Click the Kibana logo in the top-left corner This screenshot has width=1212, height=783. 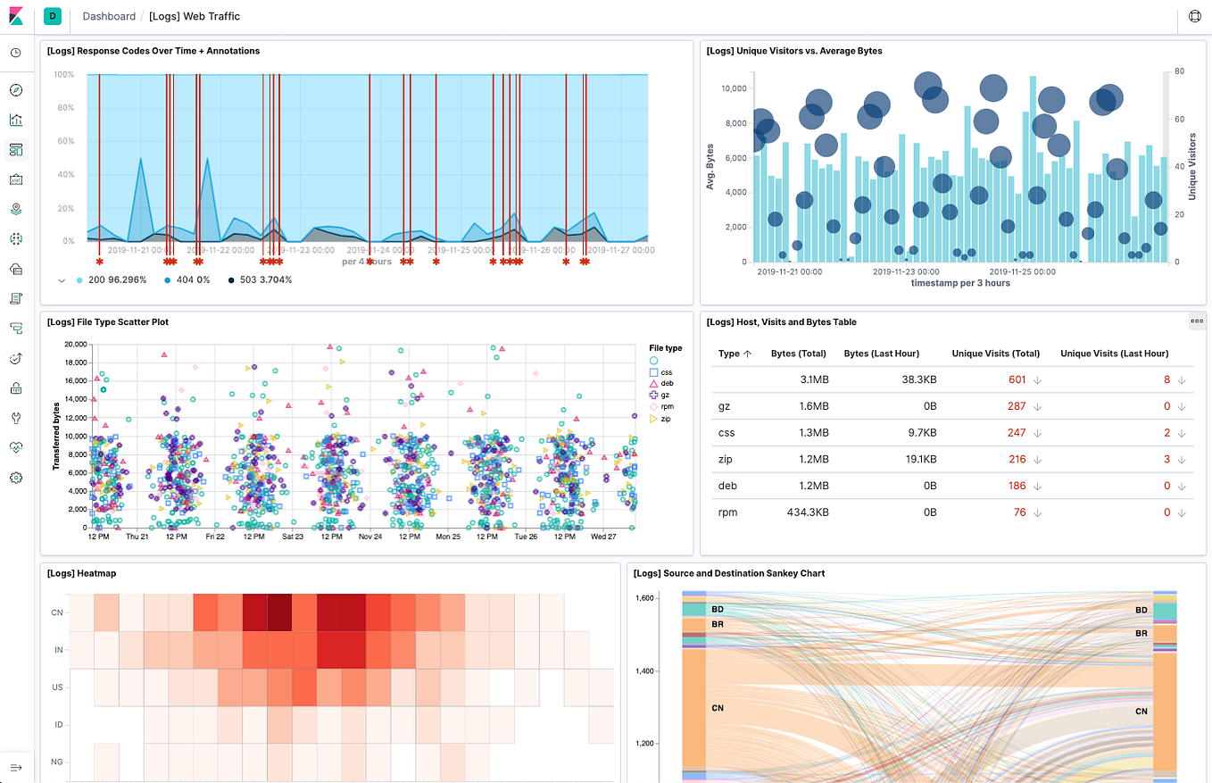click(16, 16)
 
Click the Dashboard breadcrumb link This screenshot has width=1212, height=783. click(109, 16)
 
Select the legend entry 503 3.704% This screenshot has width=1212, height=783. click(260, 279)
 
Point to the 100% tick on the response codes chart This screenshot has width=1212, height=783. click(63, 74)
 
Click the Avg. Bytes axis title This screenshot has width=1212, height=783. click(710, 166)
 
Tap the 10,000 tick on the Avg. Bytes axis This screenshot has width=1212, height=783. click(733, 88)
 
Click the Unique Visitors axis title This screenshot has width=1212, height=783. click(1191, 166)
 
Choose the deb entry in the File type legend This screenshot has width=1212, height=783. click(666, 382)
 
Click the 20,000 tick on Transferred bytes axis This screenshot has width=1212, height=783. click(70, 344)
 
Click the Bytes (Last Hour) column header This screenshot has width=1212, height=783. click(881, 354)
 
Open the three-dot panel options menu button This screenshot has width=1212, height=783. click(1197, 321)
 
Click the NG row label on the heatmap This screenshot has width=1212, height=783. click(57, 762)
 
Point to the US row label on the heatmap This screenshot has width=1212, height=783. click(57, 687)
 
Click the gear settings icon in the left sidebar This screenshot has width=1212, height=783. click(16, 478)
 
